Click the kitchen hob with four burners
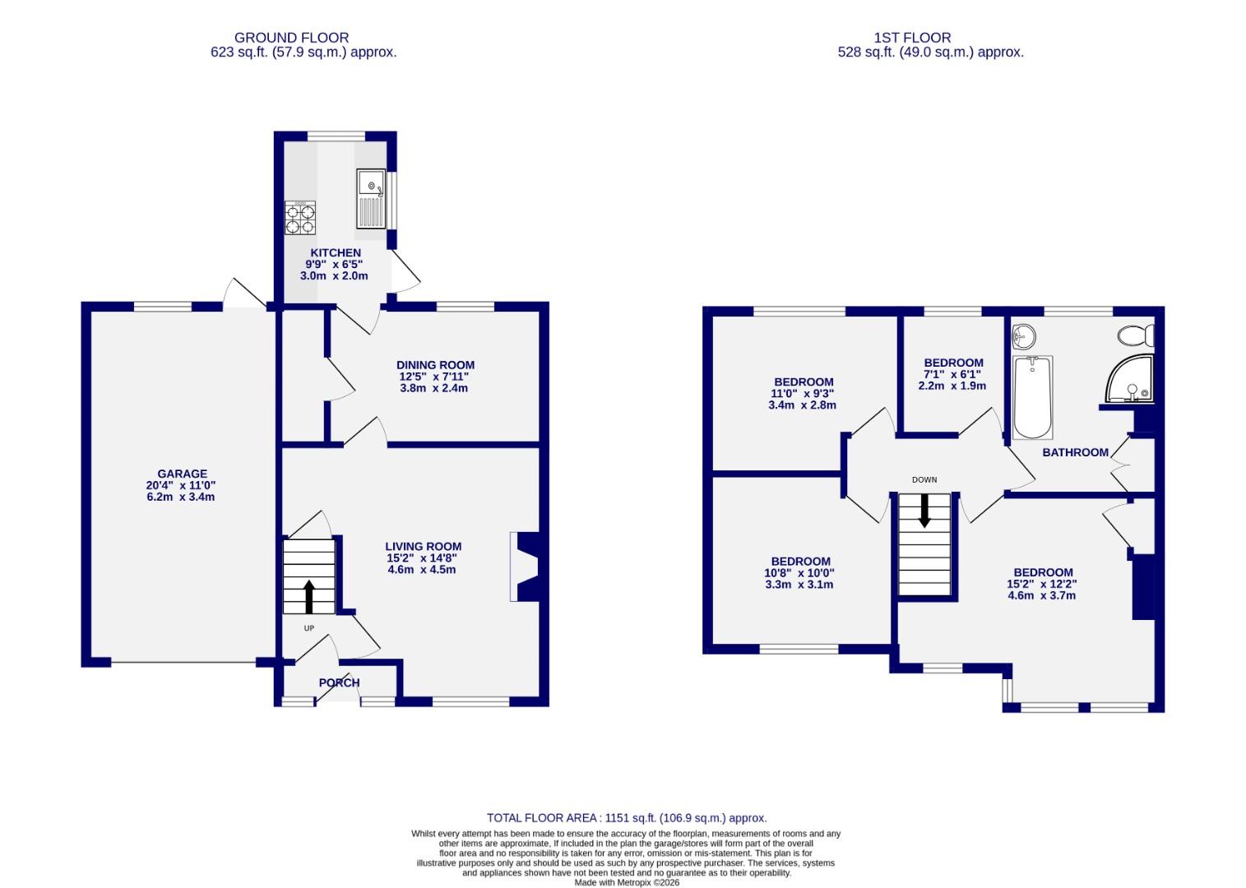[299, 219]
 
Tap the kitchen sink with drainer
[371, 198]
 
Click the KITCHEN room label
[335, 252]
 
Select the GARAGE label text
[182, 474]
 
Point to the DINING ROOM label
[435, 365]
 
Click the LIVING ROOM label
[423, 546]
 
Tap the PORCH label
[339, 682]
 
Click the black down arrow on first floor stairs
[924, 511]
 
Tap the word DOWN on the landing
[924, 479]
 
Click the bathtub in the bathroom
[1033, 398]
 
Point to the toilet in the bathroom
[1136, 335]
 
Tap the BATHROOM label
[1075, 452]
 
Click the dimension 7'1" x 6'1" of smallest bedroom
[952, 374]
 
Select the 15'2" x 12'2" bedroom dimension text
[1042, 584]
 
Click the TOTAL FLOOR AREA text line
[626, 817]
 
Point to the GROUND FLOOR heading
[291, 38]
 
